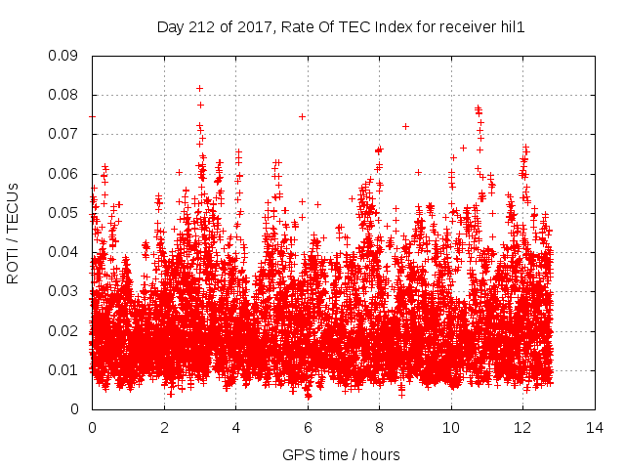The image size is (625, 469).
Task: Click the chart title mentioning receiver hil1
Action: click(x=341, y=27)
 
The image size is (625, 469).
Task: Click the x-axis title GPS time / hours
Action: click(x=341, y=455)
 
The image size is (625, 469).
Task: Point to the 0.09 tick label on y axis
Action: click(x=63, y=56)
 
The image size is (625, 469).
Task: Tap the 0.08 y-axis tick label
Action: click(x=63, y=95)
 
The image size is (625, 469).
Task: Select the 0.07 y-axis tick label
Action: click(x=63, y=134)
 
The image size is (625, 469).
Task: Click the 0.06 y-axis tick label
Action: click(x=63, y=174)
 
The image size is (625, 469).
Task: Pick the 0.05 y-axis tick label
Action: click(x=63, y=213)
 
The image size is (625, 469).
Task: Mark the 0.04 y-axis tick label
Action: click(x=63, y=252)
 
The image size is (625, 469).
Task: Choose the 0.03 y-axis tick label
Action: click(x=63, y=291)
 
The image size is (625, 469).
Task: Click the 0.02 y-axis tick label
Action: click(x=63, y=330)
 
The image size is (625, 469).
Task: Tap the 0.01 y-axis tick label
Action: click(x=63, y=370)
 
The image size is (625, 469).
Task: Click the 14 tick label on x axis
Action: click(x=594, y=428)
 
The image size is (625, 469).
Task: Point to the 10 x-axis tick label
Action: click(x=450, y=428)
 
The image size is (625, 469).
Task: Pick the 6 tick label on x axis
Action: click(x=307, y=428)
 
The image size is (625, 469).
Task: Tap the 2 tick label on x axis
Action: click(x=163, y=428)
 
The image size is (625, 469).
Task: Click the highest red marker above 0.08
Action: click(x=199, y=88)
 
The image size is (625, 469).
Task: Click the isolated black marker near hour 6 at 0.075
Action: click(x=302, y=116)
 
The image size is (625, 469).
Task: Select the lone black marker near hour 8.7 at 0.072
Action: click(x=405, y=126)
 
